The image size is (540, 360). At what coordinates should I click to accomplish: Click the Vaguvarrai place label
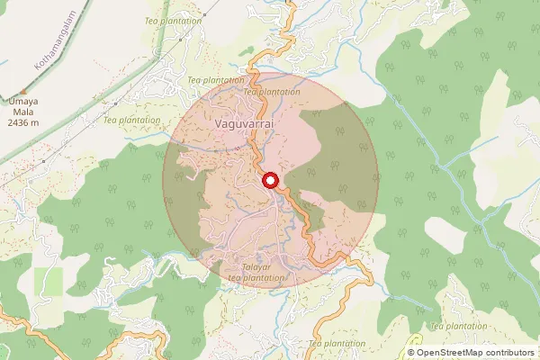pos(238,118)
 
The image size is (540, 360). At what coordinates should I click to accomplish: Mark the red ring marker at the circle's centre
pos(270,180)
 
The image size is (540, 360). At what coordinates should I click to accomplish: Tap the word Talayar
pos(257,268)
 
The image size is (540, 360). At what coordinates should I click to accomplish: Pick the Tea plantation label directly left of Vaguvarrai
pos(131,119)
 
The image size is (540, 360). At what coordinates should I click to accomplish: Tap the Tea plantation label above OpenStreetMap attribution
pos(460,326)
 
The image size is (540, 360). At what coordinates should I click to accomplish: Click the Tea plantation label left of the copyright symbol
pos(337,344)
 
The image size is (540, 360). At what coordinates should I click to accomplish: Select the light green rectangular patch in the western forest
pos(49,281)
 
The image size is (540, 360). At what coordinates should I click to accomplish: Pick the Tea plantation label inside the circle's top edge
pos(272,92)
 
